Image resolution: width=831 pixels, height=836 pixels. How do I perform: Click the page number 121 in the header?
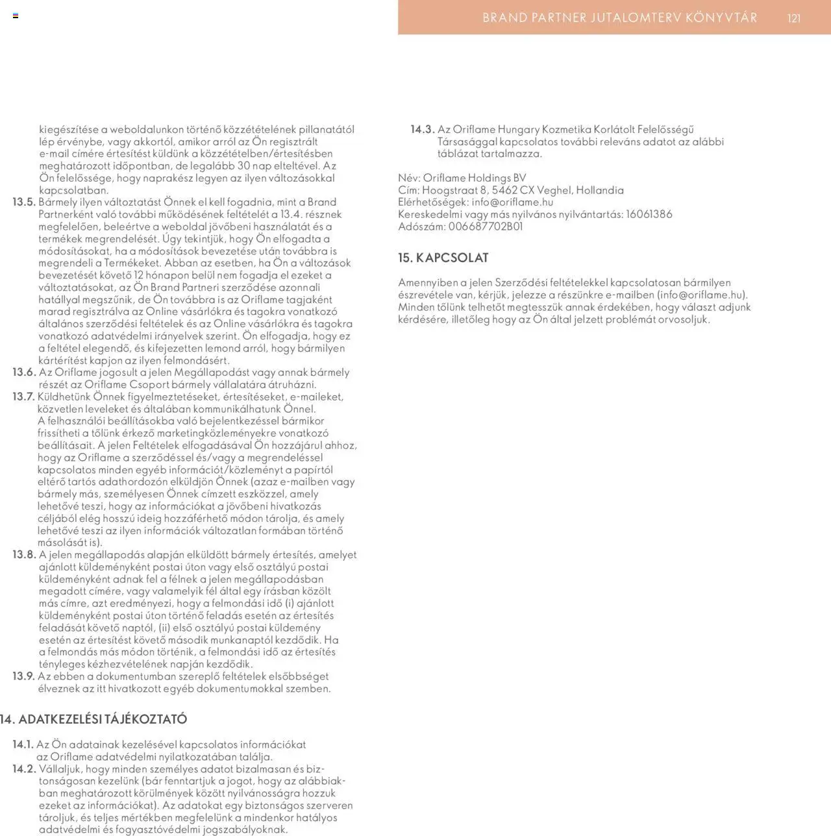click(794, 18)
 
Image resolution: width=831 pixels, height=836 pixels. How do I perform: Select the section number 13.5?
click(23, 202)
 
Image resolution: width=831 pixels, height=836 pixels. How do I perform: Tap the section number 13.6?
click(23, 372)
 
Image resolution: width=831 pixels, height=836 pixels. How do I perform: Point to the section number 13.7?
click(23, 397)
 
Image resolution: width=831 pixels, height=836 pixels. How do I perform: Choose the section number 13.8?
click(23, 554)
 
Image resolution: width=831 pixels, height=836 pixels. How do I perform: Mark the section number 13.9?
click(23, 676)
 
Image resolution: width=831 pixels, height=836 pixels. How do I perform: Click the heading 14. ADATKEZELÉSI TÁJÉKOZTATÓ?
click(93, 719)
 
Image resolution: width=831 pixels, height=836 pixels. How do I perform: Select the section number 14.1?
click(23, 744)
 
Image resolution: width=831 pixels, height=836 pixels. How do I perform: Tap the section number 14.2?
click(23, 768)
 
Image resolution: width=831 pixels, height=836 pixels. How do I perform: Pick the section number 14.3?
click(422, 129)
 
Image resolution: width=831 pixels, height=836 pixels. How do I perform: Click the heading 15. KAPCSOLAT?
click(443, 258)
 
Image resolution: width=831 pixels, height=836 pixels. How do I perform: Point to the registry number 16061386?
click(649, 214)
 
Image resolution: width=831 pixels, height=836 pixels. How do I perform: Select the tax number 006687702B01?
click(485, 227)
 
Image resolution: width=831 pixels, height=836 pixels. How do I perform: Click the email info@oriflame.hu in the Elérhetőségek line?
click(512, 202)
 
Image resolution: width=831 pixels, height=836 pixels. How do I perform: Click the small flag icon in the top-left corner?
click(16, 16)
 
